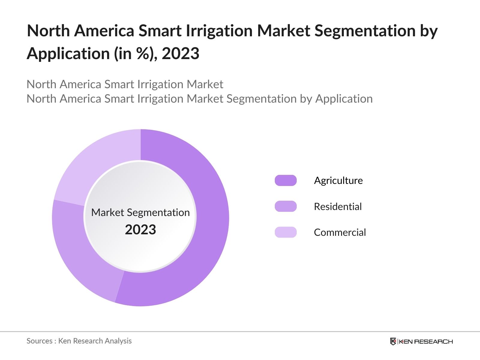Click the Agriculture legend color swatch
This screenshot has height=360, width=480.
pyautogui.click(x=286, y=181)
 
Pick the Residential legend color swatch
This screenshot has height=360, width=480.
pyautogui.click(x=286, y=206)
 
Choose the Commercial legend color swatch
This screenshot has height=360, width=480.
pyautogui.click(x=286, y=232)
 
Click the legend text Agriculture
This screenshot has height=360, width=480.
pyautogui.click(x=338, y=181)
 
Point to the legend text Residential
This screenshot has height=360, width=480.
pyautogui.click(x=338, y=206)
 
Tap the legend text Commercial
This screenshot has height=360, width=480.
pyautogui.click(x=340, y=232)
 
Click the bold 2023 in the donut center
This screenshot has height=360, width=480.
pyautogui.click(x=140, y=230)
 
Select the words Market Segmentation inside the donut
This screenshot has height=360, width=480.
pyautogui.click(x=140, y=212)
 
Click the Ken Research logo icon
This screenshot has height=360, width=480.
pyautogui.click(x=393, y=341)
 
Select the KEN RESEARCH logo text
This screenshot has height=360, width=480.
pyautogui.click(x=425, y=341)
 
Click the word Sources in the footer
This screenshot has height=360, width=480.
pyautogui.click(x=39, y=341)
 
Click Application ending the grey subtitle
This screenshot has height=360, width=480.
pyautogui.click(x=344, y=99)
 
